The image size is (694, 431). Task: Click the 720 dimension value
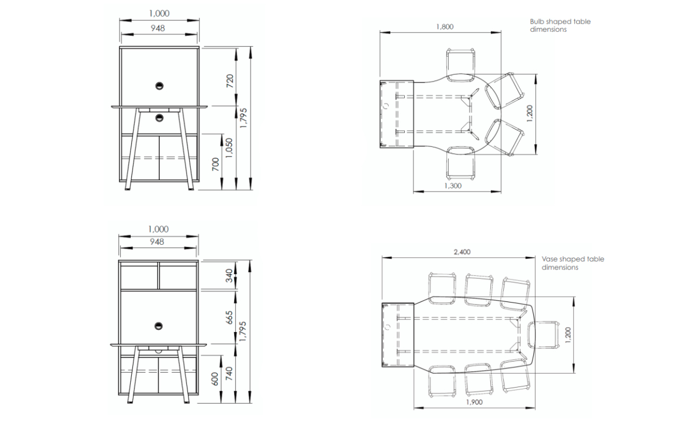coord(230,80)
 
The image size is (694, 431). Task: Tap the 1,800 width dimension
coord(445,26)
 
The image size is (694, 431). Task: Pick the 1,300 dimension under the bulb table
coord(453,186)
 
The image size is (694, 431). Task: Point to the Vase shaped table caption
coord(573,259)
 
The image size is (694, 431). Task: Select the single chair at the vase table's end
coord(543,334)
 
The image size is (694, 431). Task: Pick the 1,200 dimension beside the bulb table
coord(530,113)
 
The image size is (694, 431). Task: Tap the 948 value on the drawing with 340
coord(157,242)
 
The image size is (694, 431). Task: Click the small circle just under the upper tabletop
coord(159,118)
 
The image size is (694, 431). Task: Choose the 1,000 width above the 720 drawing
coord(159,13)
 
